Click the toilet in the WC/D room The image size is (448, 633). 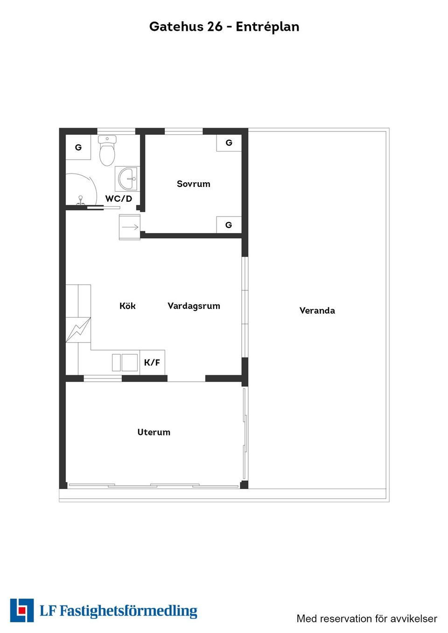click(x=107, y=151)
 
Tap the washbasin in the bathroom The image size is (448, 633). click(x=127, y=179)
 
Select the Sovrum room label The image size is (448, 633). click(x=194, y=184)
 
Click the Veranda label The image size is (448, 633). click(x=317, y=310)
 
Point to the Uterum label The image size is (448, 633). click(x=154, y=432)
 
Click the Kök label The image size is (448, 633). click(x=127, y=306)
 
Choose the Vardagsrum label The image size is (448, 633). click(x=194, y=306)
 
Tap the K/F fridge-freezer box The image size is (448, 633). click(x=152, y=363)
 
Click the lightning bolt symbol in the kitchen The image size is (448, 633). click(x=78, y=330)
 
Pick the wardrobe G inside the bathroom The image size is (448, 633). click(x=78, y=147)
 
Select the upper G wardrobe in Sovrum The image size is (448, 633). click(x=229, y=143)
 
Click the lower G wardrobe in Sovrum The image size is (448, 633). click(x=229, y=225)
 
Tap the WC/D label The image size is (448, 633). click(x=119, y=199)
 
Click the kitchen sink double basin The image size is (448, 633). click(x=125, y=363)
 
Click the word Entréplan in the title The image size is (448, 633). click(x=267, y=27)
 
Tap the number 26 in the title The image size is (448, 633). click(x=215, y=27)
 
